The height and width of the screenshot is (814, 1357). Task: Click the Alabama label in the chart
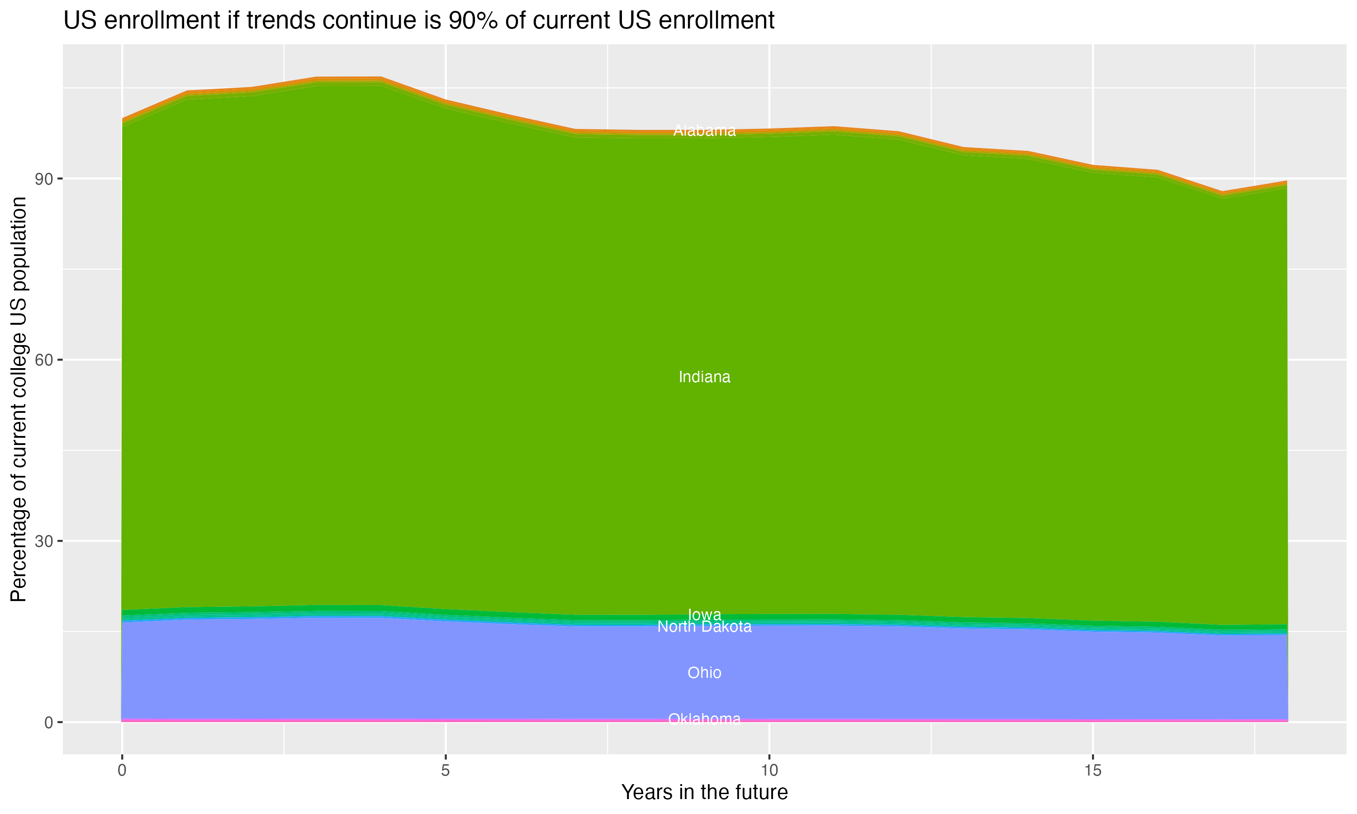704,131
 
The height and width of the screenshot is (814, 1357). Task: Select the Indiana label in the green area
704,378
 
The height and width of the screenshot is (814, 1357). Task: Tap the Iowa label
704,614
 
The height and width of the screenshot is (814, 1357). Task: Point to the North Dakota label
704,626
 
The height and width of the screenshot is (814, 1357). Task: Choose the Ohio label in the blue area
704,672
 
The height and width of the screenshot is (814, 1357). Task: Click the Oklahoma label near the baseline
704,719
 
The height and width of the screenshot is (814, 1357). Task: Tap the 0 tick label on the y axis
48,722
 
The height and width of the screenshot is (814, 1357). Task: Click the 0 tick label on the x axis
122,771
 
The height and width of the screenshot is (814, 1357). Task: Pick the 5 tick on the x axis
446,771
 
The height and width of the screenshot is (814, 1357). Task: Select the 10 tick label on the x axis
769,771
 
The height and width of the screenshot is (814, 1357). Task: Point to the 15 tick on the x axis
1093,771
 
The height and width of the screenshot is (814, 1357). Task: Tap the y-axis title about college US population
19,399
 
